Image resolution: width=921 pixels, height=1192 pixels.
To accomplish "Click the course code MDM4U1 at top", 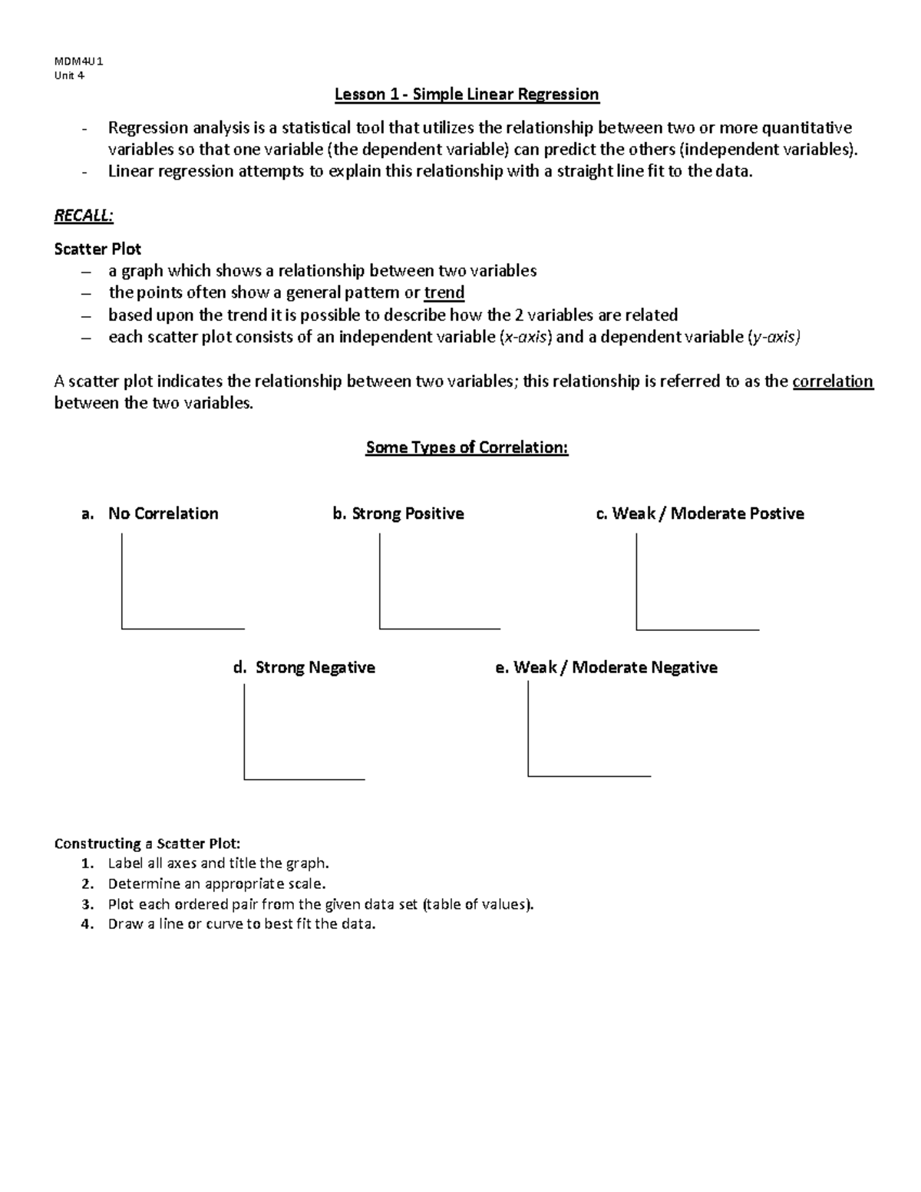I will point(78,61).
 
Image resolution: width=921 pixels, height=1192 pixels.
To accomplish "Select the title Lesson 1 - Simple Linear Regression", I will point(467,94).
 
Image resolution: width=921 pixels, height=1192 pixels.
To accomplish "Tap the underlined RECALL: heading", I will point(84,216).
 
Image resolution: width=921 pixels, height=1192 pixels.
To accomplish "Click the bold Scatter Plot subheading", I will point(97,249).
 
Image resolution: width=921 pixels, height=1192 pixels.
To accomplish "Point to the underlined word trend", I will point(444,292).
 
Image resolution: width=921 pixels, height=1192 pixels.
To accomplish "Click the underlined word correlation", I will point(833,381).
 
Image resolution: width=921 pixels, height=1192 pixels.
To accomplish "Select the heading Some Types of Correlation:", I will point(467,447).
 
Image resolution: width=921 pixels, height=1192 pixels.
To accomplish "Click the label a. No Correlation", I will point(150,513).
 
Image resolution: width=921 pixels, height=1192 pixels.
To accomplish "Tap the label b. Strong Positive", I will point(398,513).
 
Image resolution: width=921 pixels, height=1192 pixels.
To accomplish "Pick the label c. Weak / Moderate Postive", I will point(700,513).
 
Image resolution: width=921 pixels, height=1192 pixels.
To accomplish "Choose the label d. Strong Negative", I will point(304,668).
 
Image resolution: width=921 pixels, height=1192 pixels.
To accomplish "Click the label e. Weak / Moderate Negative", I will point(606,668).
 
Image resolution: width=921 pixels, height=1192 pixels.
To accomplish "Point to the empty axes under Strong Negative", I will point(304,732).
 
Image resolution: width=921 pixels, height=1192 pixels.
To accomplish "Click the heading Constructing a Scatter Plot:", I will point(147,844).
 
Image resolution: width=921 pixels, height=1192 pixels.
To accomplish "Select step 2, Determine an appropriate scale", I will point(216,883).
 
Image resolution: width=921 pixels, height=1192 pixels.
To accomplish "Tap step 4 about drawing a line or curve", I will point(242,924).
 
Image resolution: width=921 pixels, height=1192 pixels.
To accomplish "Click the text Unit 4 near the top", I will point(69,75).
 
